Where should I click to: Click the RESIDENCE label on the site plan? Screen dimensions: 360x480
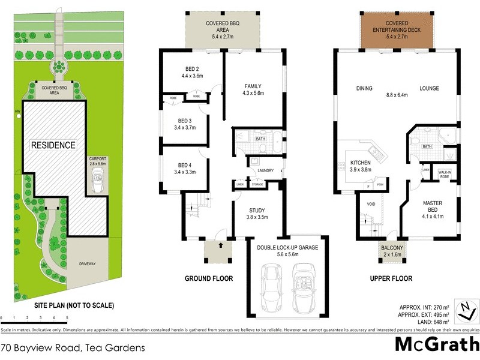(x=54, y=145)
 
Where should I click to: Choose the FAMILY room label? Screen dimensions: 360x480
(x=253, y=89)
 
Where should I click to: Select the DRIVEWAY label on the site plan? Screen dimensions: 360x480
(x=88, y=263)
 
